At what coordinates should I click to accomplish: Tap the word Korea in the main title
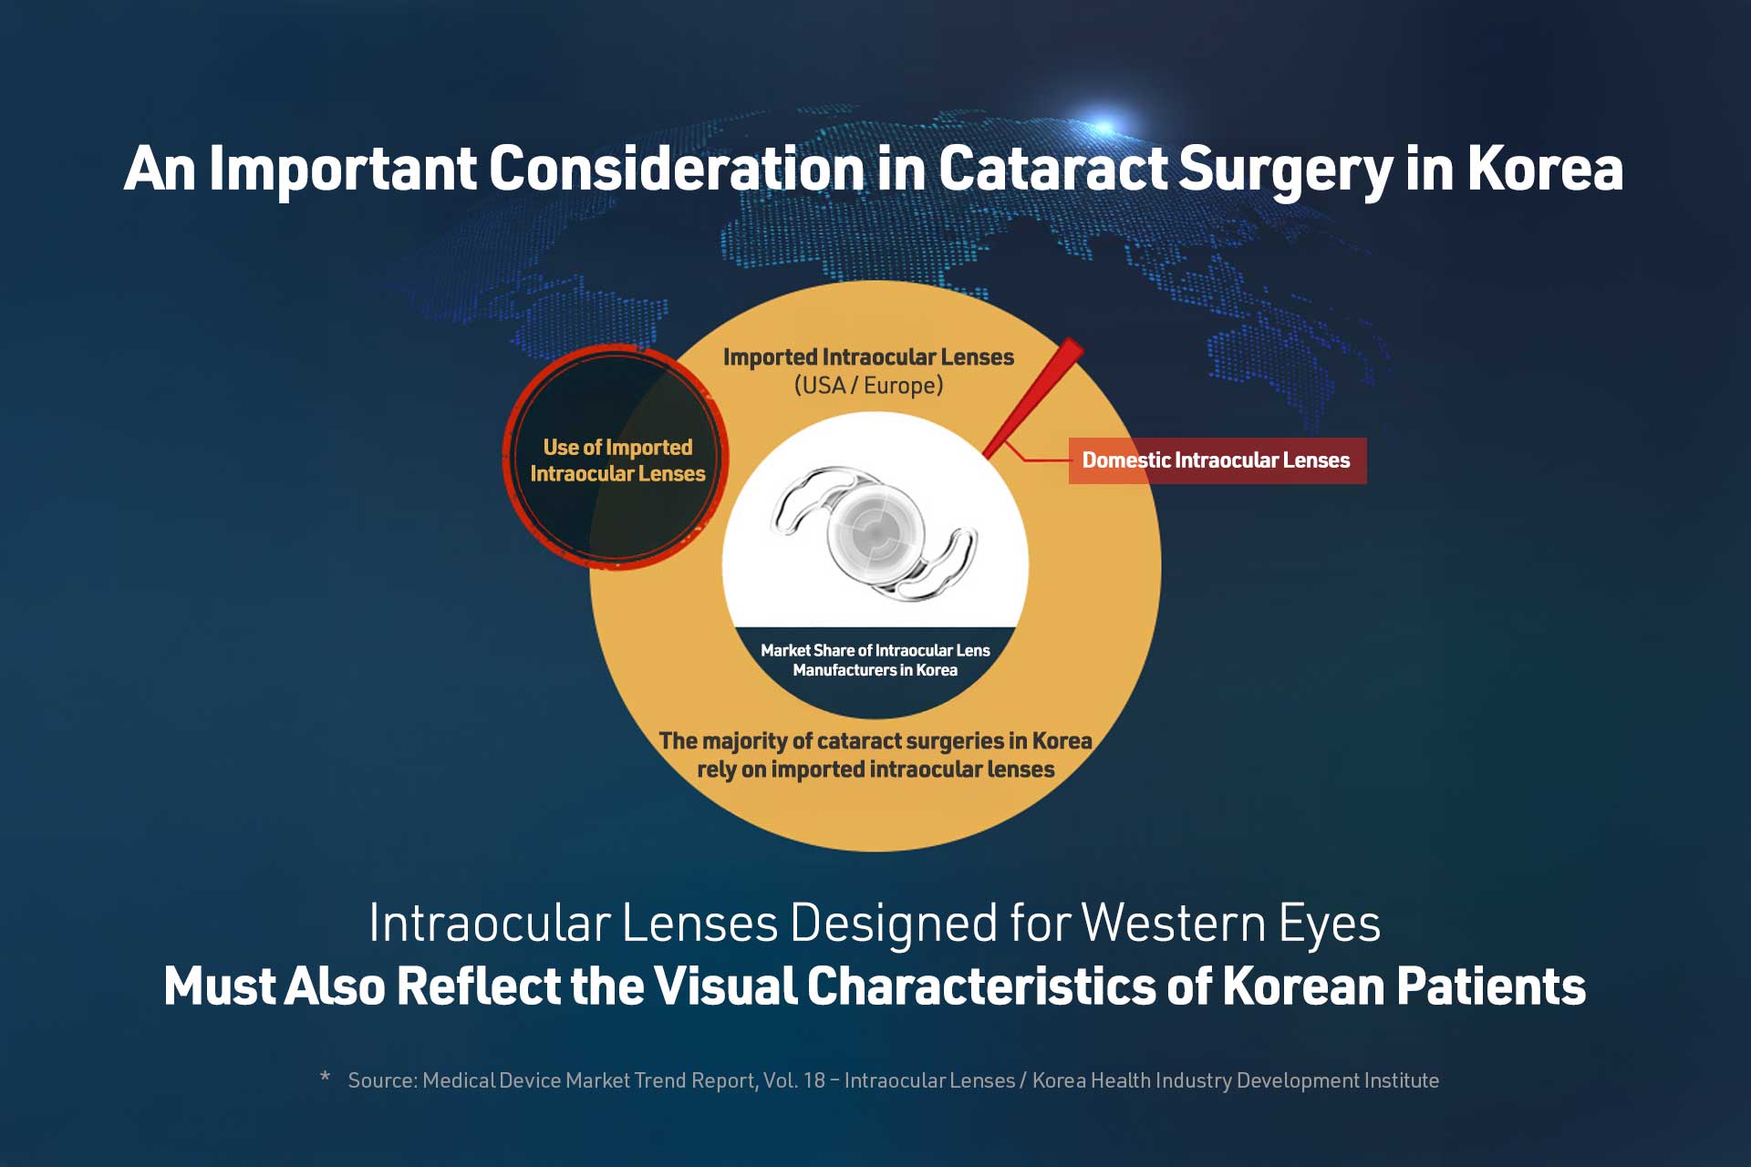(x=1546, y=169)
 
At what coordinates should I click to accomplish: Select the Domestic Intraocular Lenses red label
(x=1217, y=460)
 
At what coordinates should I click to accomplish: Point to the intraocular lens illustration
(x=874, y=532)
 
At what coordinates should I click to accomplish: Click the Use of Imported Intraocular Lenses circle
(x=616, y=458)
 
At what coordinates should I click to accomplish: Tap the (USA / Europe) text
(x=868, y=386)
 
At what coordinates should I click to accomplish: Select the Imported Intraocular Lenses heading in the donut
(x=868, y=356)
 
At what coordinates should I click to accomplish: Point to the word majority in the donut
(x=741, y=740)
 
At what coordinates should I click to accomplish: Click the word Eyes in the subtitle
(x=1330, y=924)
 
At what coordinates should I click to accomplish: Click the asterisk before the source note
(x=326, y=1078)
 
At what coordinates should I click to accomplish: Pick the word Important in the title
(x=343, y=170)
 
